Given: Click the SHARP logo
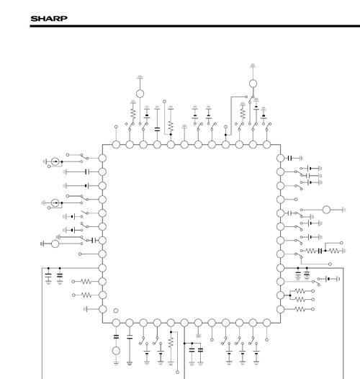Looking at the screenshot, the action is pos(49,19).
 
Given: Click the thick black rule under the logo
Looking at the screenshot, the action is pos(194,26).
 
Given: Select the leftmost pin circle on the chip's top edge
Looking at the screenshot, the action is pos(116,145).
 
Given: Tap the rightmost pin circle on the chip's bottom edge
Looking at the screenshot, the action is pos(266,323).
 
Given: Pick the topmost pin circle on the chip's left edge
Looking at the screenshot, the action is pos(102,159).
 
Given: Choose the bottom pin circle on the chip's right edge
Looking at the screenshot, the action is pos(280,309).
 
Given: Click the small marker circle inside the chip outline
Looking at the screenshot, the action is pos(116,311).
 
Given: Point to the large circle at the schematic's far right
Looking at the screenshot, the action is pos(326,210).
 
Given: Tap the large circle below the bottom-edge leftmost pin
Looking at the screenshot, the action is pos(116,350).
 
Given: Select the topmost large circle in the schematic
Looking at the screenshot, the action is pos(253,84).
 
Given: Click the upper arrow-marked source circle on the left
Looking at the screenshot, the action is pos(55,161).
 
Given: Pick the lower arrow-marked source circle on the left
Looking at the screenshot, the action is pos(55,202).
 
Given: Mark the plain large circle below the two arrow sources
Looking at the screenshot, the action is pos(55,244).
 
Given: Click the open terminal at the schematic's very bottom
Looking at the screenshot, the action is pos(177,373).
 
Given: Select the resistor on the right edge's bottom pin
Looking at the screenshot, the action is pos(300,309).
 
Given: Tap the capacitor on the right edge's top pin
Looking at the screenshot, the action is pos(290,158).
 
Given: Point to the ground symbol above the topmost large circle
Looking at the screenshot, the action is pos(253,66).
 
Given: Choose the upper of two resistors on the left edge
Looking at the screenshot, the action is pos(86,282).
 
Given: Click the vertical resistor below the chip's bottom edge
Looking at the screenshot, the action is pos(171,342).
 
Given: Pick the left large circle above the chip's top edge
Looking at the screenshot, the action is pos(140,94).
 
